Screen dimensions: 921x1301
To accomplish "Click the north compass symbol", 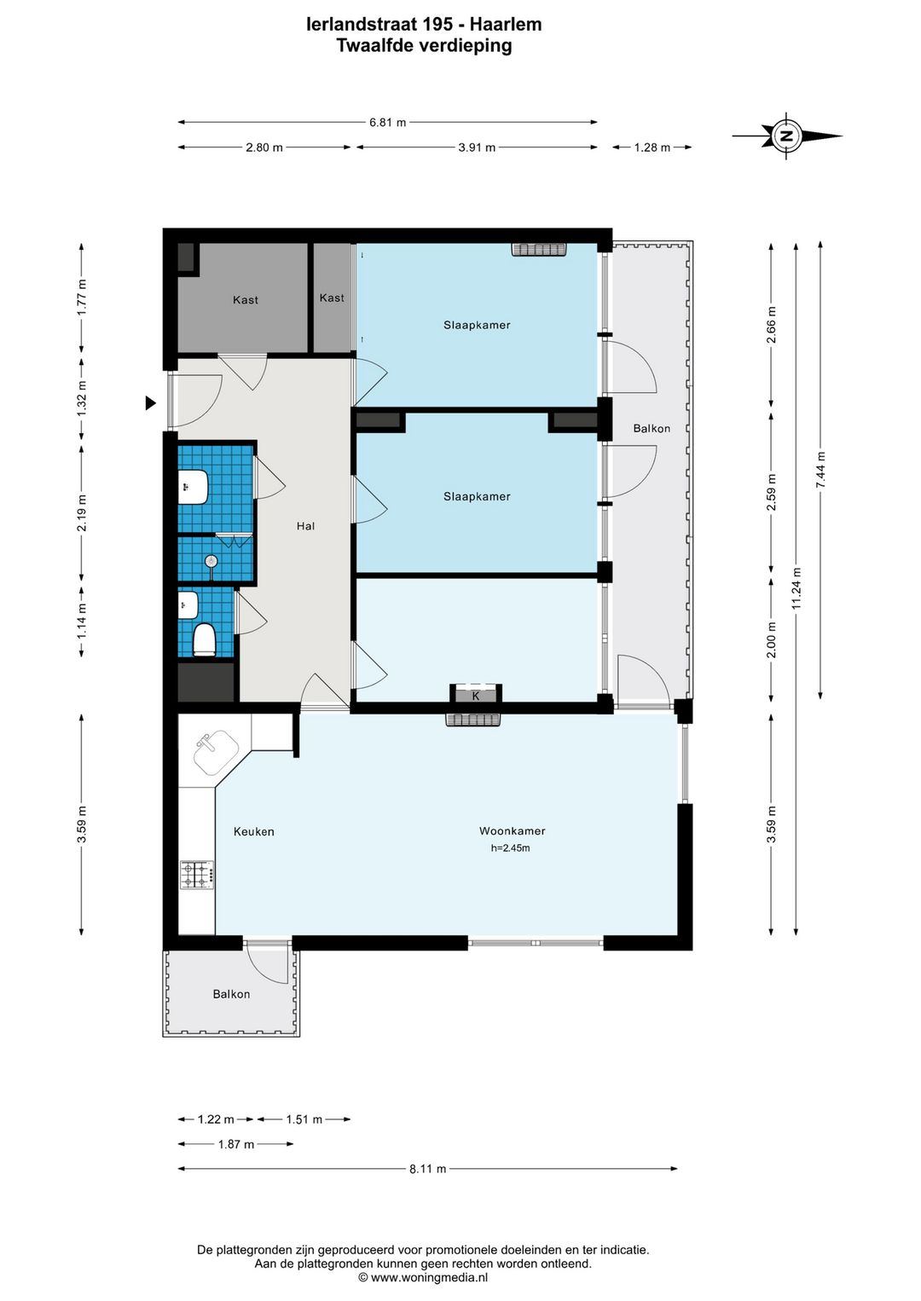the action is coord(787,136).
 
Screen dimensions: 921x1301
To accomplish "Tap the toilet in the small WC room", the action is coord(204,639).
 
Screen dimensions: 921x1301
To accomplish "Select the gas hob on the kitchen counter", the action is coord(198,875).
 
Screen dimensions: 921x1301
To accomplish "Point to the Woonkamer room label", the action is coord(512,831).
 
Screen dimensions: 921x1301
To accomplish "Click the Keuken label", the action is coord(254,832).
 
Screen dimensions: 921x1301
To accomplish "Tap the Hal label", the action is coord(305,526).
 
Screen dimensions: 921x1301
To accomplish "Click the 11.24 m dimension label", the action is coord(796,588).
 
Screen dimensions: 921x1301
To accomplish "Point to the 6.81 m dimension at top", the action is coord(387,123).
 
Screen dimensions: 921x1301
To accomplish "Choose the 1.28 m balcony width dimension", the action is coord(652,147).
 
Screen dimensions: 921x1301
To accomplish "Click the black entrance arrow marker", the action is coord(150,403).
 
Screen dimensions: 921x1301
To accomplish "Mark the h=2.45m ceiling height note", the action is coord(510,848).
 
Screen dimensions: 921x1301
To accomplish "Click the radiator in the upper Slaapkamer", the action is coord(539,249).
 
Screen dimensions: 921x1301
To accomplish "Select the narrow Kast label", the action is coord(332,298).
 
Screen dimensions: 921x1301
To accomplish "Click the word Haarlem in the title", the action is coord(506,25).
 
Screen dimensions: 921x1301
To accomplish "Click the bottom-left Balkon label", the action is coord(231,994).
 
